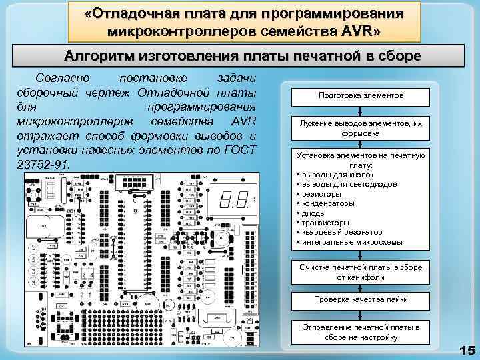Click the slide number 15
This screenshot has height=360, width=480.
coord(467,350)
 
